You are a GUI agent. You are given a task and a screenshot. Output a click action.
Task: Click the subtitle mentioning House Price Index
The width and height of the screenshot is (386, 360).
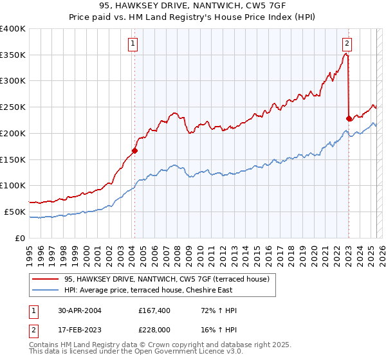(x=192, y=18)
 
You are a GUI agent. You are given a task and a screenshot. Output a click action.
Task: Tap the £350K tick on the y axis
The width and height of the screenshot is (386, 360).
(x=13, y=55)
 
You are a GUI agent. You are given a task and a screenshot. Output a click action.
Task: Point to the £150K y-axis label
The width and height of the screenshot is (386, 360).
(x=13, y=159)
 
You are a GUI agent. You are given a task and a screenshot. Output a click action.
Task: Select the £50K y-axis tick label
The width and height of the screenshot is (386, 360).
(x=15, y=212)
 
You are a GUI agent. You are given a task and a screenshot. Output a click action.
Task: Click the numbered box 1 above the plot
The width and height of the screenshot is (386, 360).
(x=133, y=44)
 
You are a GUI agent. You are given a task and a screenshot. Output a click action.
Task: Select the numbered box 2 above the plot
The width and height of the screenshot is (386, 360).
(x=347, y=44)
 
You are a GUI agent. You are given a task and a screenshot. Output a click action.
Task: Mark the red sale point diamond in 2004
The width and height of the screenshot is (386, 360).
(x=134, y=150)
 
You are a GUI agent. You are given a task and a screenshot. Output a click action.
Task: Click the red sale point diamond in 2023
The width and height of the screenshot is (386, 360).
(x=349, y=118)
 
